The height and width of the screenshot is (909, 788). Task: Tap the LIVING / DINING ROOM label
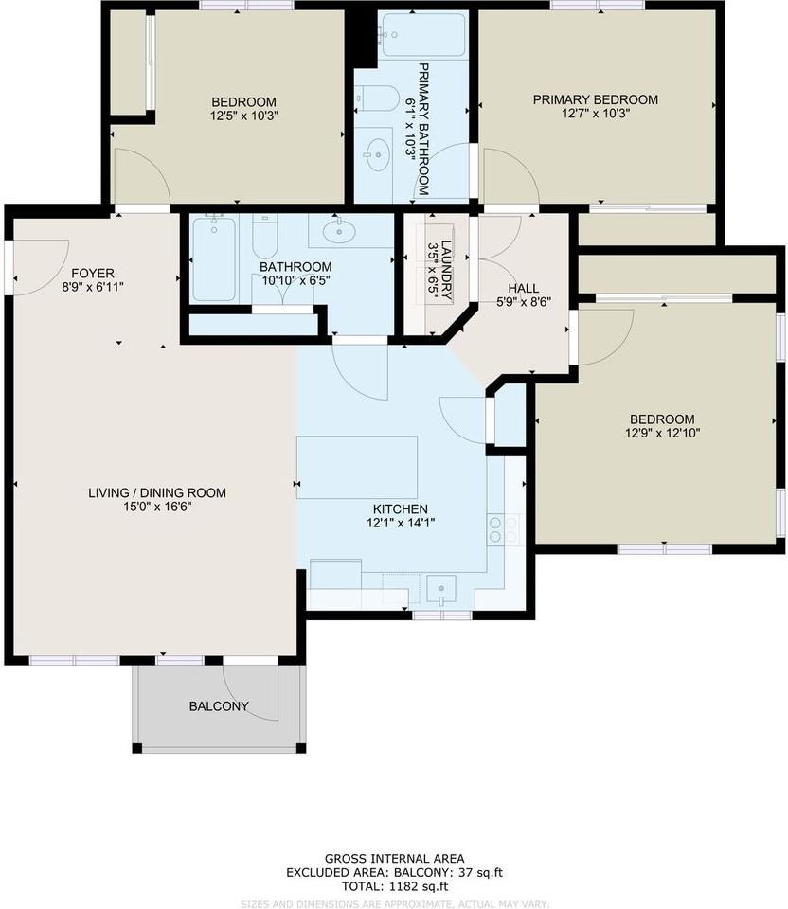coord(157,492)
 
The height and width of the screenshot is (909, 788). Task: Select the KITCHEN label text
coord(399,508)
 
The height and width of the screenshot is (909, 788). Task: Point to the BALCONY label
coord(219,706)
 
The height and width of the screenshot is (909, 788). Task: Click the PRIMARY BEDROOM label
coord(595,99)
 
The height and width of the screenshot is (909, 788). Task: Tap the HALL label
coord(523,288)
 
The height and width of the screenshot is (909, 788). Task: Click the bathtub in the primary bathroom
coord(422,36)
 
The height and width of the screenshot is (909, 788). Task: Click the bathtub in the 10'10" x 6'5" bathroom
coord(213,258)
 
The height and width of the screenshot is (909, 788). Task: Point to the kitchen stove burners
coord(504,530)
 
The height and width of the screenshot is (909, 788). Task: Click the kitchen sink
coord(441,590)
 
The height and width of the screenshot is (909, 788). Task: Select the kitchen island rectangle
coord(357,467)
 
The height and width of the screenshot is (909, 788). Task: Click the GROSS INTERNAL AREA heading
coord(393,858)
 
